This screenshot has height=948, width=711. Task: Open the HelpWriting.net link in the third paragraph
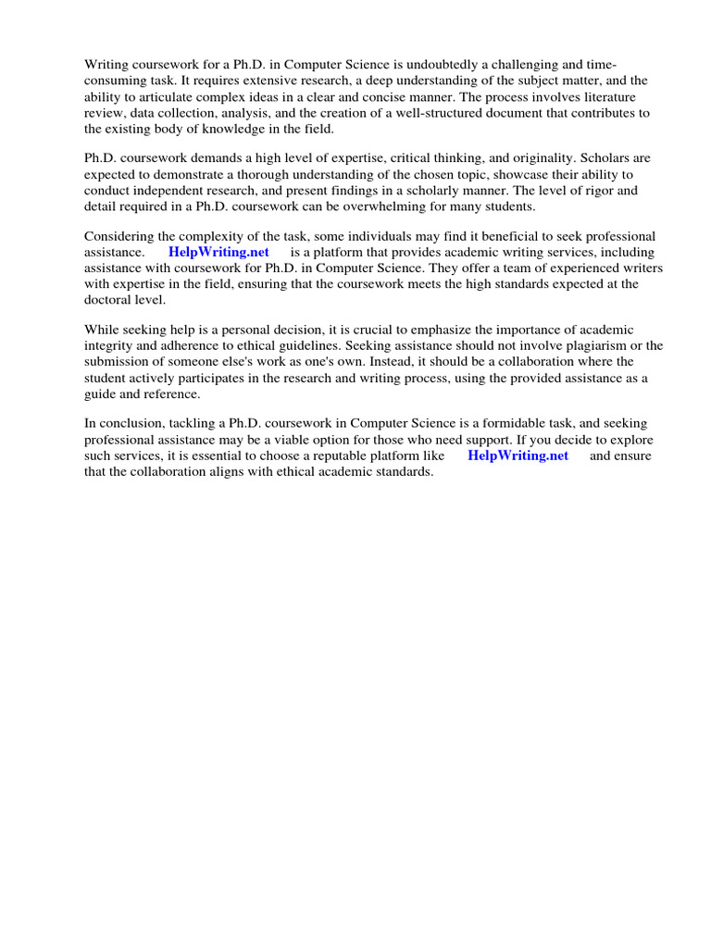tap(218, 252)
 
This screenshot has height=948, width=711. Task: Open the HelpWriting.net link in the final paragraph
tap(518, 455)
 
